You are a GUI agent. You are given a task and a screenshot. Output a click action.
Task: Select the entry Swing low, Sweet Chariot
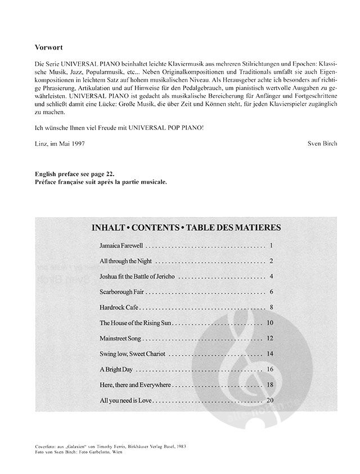132,354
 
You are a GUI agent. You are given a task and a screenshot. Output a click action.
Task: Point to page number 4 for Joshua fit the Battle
271,277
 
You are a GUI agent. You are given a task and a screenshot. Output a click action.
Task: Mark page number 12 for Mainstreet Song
269,338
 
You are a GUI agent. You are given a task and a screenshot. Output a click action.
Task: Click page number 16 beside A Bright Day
269,369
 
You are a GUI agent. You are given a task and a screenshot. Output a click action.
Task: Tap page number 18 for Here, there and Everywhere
269,385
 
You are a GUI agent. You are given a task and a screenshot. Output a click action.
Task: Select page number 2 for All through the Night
271,261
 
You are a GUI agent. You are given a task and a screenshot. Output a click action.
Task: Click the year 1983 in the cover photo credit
181,446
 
